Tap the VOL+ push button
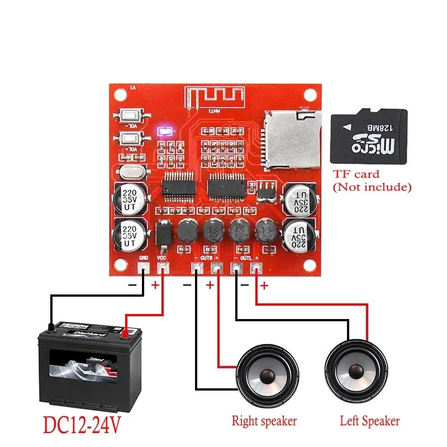coord(129,139)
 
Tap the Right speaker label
coord(264,421)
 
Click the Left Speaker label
coord(370,421)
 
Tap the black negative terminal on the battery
coord(51,326)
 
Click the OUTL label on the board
coord(246,258)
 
